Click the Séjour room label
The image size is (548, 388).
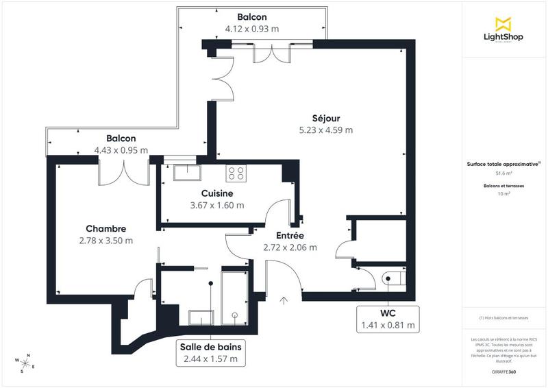(x=325, y=118)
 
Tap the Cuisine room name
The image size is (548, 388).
(x=216, y=193)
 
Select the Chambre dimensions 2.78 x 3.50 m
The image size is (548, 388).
(x=105, y=240)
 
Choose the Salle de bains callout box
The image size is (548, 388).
(x=210, y=352)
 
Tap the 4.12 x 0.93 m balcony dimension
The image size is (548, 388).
(x=252, y=29)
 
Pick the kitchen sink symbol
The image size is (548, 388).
(x=186, y=171)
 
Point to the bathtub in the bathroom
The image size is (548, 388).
(x=236, y=295)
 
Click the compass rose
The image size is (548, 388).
(x=26, y=363)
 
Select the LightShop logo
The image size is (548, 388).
(x=503, y=30)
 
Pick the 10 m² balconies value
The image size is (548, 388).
(x=503, y=194)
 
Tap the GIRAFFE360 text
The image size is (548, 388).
(x=503, y=371)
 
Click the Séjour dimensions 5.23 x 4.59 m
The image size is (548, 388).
(x=325, y=130)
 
